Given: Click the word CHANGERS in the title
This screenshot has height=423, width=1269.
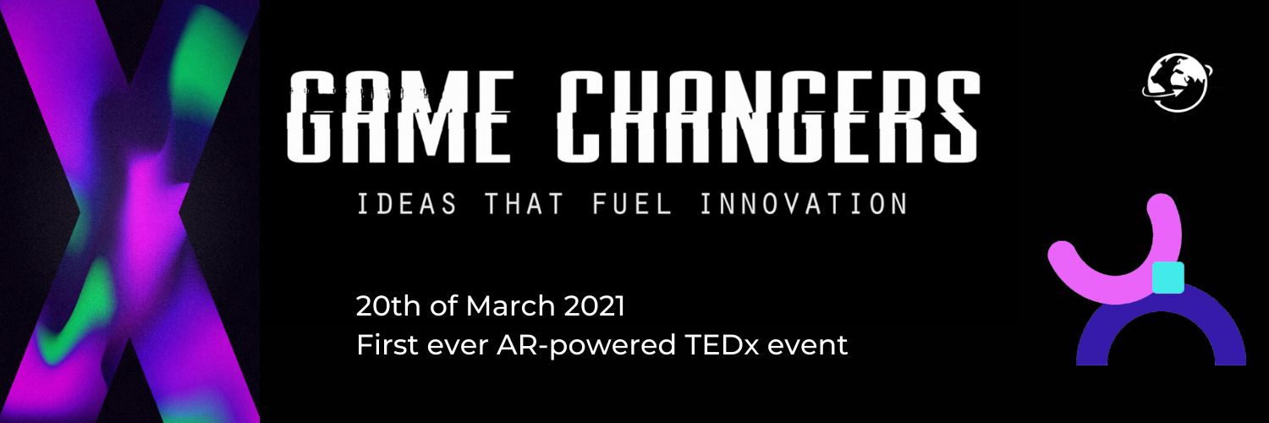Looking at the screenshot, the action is pos(768,116).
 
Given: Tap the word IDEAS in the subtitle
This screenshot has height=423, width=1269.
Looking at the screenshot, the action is pos(407,204).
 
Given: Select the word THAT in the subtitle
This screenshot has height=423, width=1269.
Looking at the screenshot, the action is pos(524,204).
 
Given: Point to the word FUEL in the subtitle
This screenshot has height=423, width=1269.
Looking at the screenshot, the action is pos(632,204).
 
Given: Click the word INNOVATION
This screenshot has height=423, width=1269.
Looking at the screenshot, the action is pos(805,204).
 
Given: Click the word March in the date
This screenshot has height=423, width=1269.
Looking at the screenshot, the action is pos(510,305).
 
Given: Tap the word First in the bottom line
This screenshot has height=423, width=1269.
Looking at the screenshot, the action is pos(387,345).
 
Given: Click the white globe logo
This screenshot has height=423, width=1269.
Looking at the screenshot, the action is pos(1178,83).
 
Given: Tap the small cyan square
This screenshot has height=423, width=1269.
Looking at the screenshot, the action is pos(1168,277).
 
